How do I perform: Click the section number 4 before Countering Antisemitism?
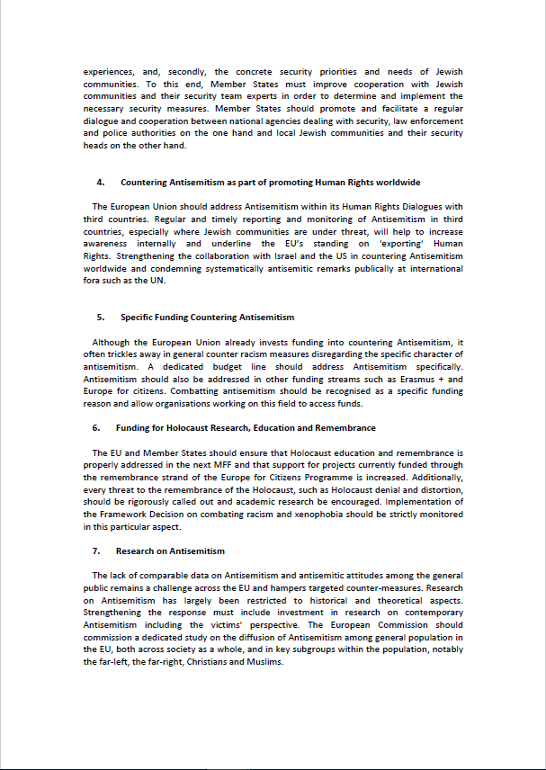(x=101, y=183)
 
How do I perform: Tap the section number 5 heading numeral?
(x=100, y=318)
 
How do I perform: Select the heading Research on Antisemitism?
(x=170, y=551)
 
